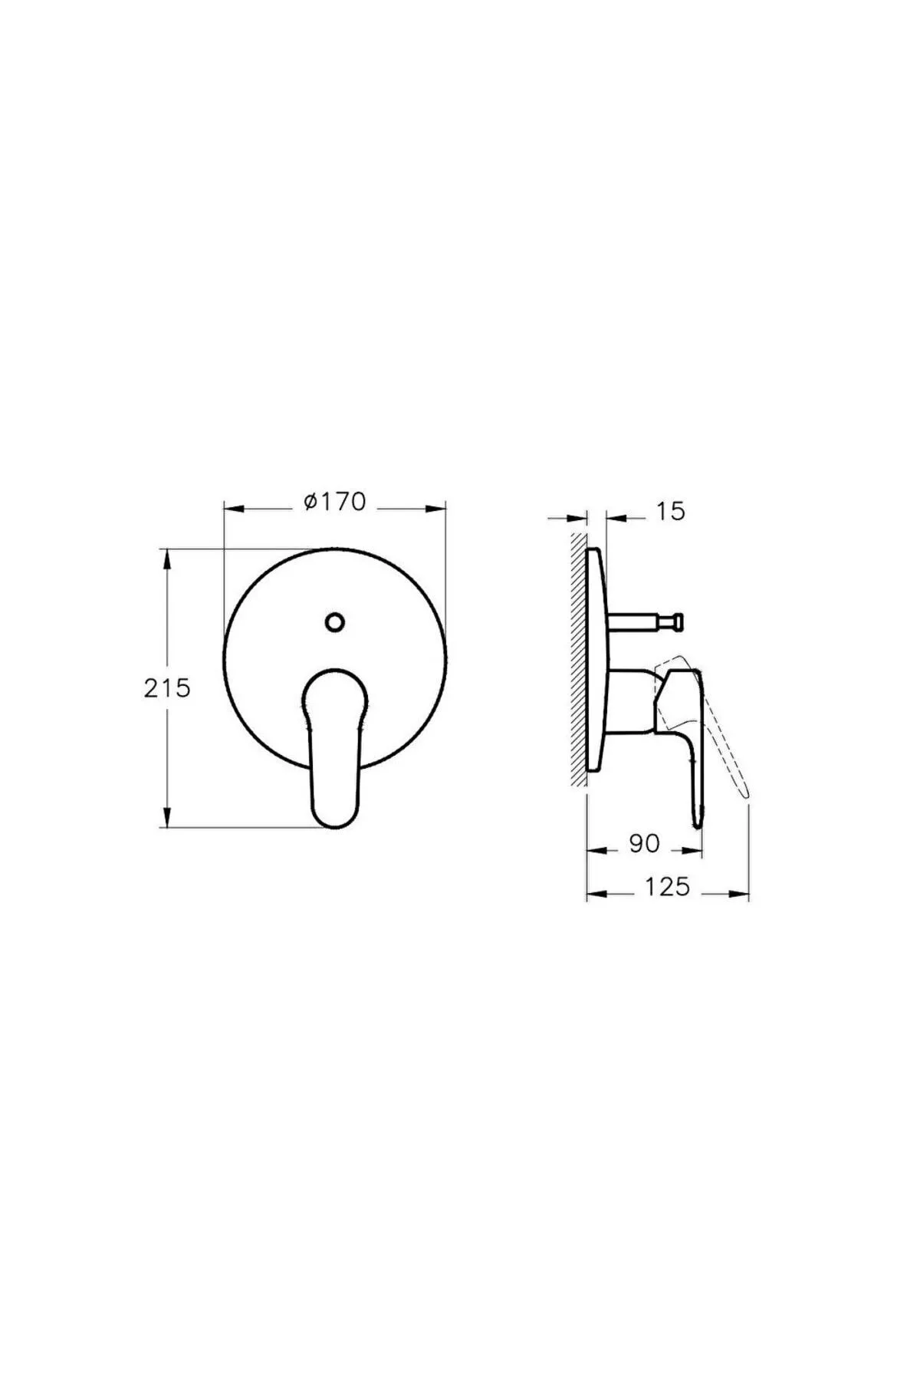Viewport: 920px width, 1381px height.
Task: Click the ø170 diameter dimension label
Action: coord(335,502)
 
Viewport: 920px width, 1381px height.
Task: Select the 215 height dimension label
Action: coord(166,688)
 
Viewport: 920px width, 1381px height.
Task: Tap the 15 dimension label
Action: coord(671,511)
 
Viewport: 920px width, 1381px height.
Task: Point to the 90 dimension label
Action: coord(644,843)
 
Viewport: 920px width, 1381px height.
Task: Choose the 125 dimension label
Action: coord(666,887)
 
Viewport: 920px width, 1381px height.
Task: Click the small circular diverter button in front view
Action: coord(334,621)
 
